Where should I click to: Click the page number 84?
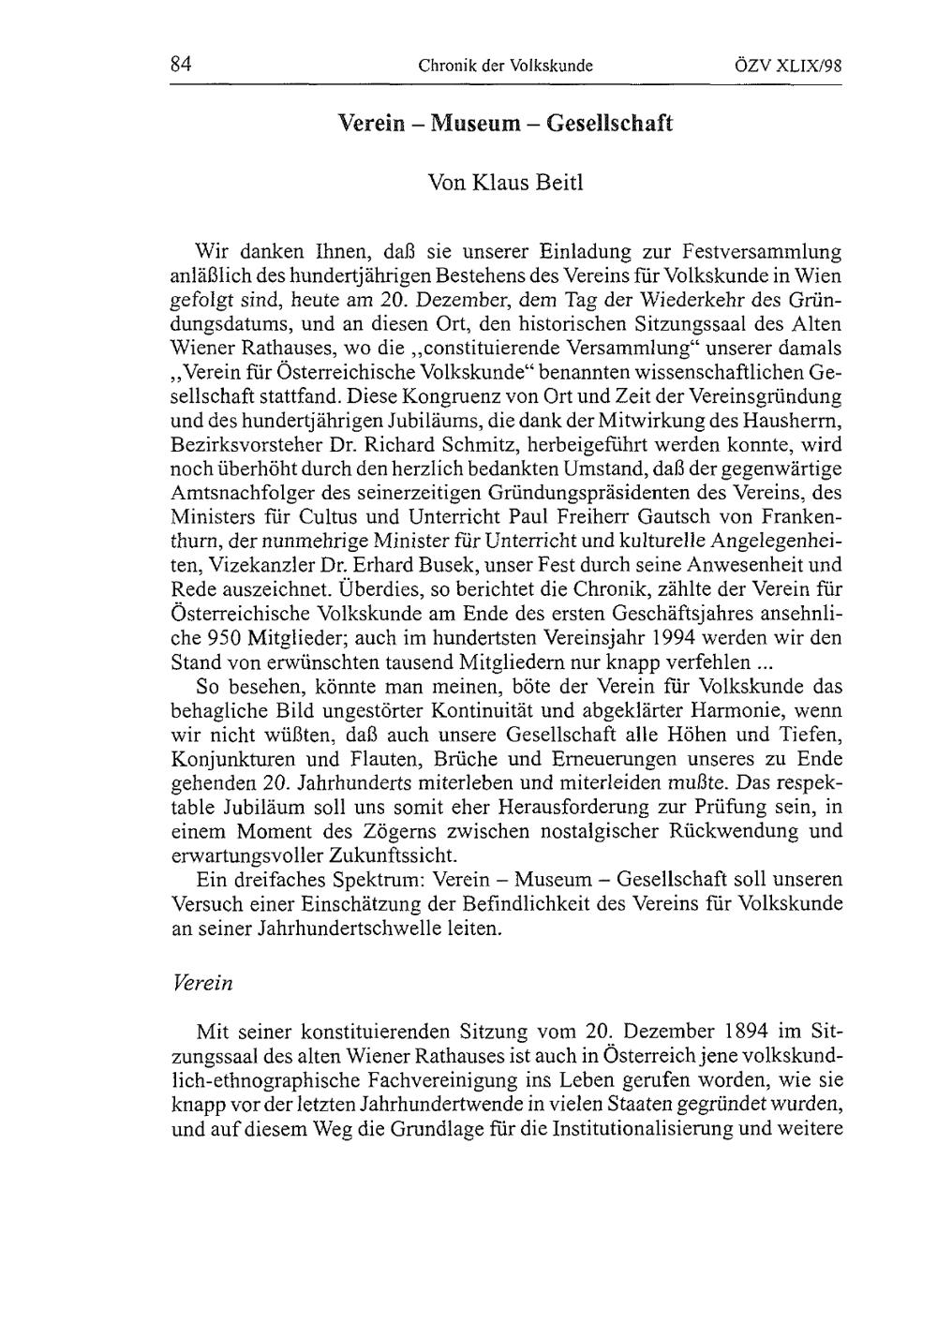click(181, 65)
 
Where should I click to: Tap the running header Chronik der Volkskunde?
click(506, 66)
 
